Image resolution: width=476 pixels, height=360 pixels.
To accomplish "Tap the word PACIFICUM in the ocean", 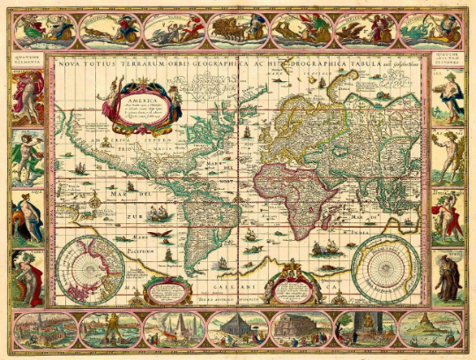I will (137, 250).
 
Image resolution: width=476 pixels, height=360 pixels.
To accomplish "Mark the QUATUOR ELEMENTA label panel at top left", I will (26, 61).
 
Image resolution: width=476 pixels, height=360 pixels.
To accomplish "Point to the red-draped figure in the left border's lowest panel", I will (26, 275).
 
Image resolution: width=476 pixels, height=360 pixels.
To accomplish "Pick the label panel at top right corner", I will (448, 61).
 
